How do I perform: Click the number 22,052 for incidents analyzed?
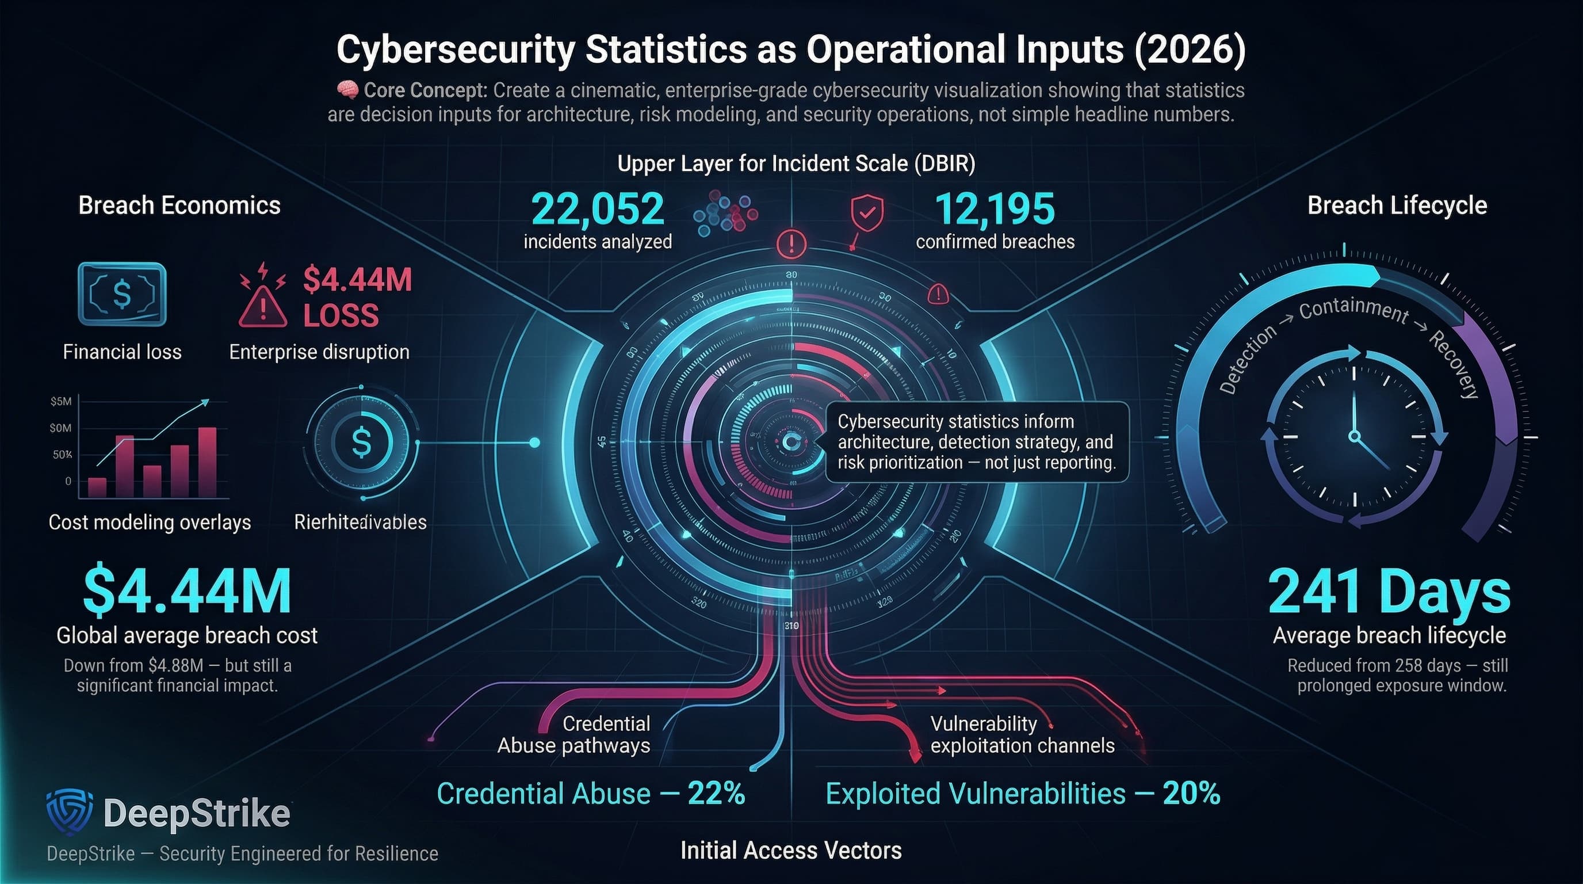(597, 209)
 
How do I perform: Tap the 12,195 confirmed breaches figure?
(995, 209)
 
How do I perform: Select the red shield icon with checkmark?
(867, 214)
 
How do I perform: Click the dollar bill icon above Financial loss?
(123, 294)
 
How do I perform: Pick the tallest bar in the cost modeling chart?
(207, 462)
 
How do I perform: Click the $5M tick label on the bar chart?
(61, 402)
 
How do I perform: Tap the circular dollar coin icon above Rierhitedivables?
(361, 442)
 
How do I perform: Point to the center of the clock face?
(1355, 436)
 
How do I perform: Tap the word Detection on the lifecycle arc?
(1248, 360)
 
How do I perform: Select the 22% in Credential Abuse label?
(716, 793)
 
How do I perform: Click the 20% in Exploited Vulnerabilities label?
(1190, 793)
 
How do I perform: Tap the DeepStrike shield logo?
(70, 811)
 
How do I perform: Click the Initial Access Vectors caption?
(791, 850)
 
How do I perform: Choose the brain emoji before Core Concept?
(347, 90)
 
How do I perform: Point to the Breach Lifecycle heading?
(1397, 205)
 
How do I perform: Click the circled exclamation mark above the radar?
(791, 244)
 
